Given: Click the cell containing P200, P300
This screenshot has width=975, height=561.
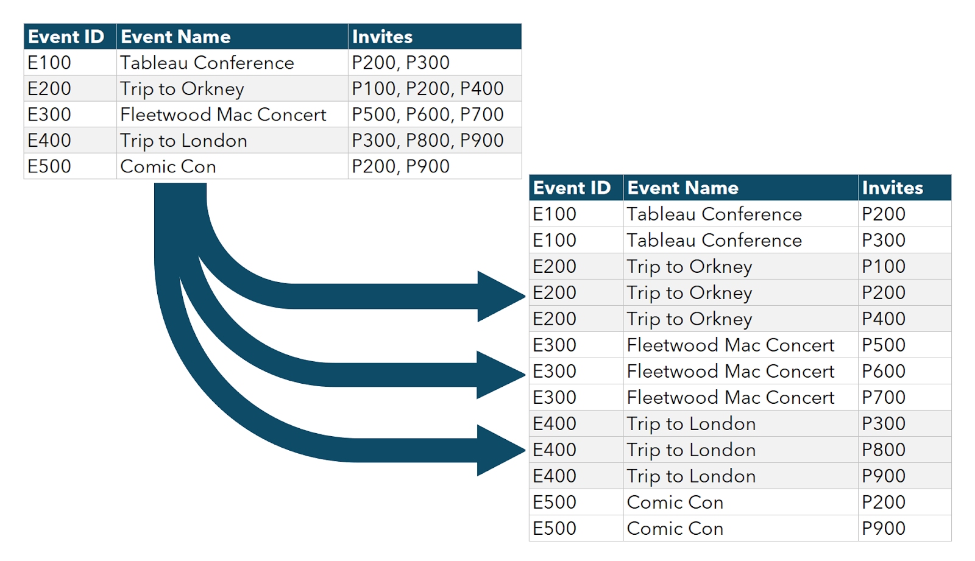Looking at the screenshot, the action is (x=434, y=62).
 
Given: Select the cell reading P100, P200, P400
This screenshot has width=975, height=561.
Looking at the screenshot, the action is (x=434, y=88).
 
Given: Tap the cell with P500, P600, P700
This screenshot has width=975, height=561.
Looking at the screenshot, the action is (x=434, y=114).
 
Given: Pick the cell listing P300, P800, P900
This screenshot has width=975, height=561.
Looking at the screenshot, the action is (x=434, y=140).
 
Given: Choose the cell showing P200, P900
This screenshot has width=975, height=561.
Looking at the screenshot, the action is (x=434, y=166).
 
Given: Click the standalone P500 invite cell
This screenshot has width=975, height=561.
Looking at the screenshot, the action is (x=904, y=345).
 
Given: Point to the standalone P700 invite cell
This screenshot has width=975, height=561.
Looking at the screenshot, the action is (x=904, y=397).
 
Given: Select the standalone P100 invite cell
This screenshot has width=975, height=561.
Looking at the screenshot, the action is (x=904, y=266).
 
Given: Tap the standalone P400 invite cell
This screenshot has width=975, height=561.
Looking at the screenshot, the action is (x=904, y=319).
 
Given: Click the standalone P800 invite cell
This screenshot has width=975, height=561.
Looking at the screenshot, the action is (x=904, y=450).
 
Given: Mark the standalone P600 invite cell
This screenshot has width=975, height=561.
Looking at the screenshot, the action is (x=904, y=371).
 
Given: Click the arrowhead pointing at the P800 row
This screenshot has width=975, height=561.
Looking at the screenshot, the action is (x=500, y=450).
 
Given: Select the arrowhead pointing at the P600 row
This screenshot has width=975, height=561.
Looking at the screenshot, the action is (x=500, y=375).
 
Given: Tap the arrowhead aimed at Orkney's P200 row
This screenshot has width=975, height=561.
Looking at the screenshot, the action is (x=500, y=296).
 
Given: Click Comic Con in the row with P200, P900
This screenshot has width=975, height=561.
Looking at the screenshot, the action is (x=168, y=166).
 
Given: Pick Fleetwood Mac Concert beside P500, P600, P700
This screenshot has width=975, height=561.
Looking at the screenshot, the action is (x=223, y=115).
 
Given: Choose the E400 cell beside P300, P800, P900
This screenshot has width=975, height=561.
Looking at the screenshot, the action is (x=70, y=140).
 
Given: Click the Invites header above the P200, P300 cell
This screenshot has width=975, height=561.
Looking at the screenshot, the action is (x=382, y=37).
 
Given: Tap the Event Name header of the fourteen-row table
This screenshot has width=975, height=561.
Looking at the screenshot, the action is (x=682, y=188).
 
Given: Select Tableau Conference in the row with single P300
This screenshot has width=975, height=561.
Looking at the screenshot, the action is (x=714, y=240).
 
